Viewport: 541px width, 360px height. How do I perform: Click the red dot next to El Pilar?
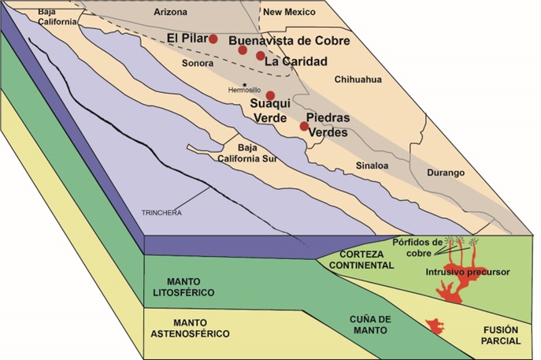pyautogui.click(x=213, y=39)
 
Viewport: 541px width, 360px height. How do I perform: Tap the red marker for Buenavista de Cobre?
pyautogui.click(x=243, y=50)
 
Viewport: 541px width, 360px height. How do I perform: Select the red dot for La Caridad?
pyautogui.click(x=261, y=55)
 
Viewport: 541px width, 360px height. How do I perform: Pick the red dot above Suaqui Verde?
pyautogui.click(x=270, y=95)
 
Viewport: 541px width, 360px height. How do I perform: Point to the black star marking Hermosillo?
pyautogui.click(x=246, y=84)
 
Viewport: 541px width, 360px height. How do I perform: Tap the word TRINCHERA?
pyautogui.click(x=158, y=213)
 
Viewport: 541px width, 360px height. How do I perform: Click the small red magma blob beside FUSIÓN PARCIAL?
pyautogui.click(x=432, y=324)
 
